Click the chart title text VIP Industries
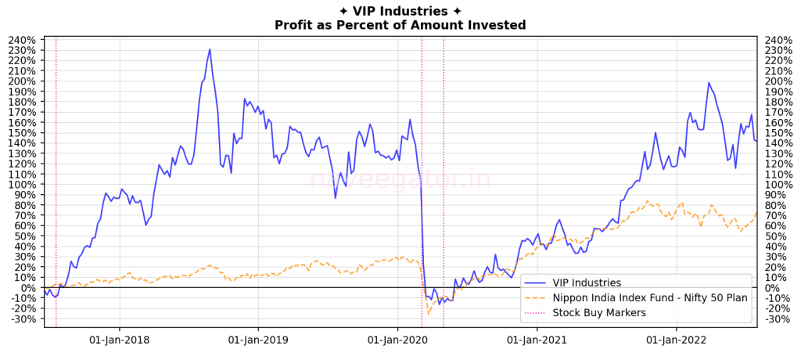(400, 11)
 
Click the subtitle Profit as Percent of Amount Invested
(400, 25)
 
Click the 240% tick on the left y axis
(22, 40)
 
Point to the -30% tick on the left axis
(22, 319)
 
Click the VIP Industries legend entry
(587, 283)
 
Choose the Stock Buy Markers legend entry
(598, 313)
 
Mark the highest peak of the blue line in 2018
(210, 49)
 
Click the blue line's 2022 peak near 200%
(709, 82)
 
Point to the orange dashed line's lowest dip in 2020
(428, 314)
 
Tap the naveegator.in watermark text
(400, 179)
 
